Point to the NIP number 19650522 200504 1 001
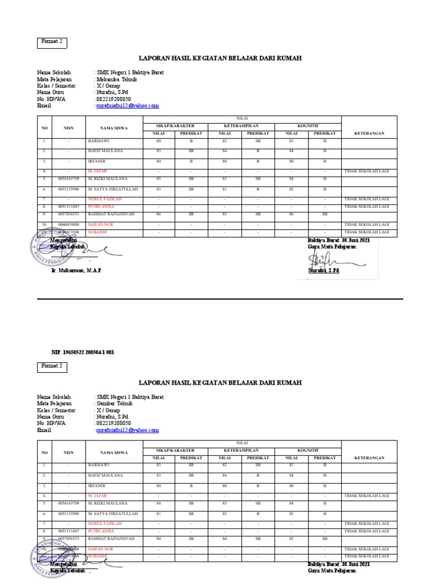click(83, 352)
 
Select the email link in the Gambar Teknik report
click(127, 430)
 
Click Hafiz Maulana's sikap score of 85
click(159, 151)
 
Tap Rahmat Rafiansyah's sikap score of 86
click(159, 214)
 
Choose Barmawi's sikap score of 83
click(159, 465)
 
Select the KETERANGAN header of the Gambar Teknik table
click(369, 458)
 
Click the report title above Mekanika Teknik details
click(220, 59)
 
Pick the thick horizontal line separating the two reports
click(220, 299)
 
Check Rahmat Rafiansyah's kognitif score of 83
click(291, 539)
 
